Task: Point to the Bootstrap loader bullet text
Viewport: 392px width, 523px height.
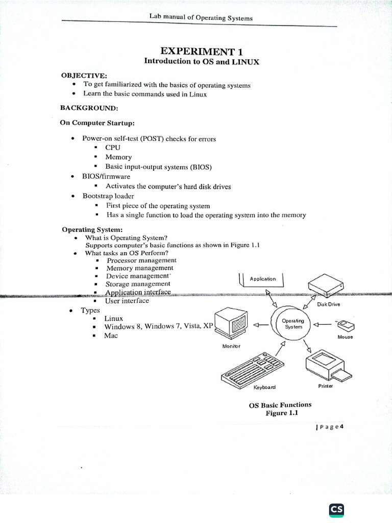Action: pyautogui.click(x=108, y=196)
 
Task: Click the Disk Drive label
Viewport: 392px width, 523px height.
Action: pyautogui.click(x=329, y=305)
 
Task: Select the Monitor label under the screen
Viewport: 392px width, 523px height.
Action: pyautogui.click(x=231, y=346)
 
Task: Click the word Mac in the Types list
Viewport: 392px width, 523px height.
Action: pyautogui.click(x=111, y=336)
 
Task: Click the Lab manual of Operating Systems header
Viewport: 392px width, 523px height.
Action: pyautogui.click(x=201, y=18)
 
